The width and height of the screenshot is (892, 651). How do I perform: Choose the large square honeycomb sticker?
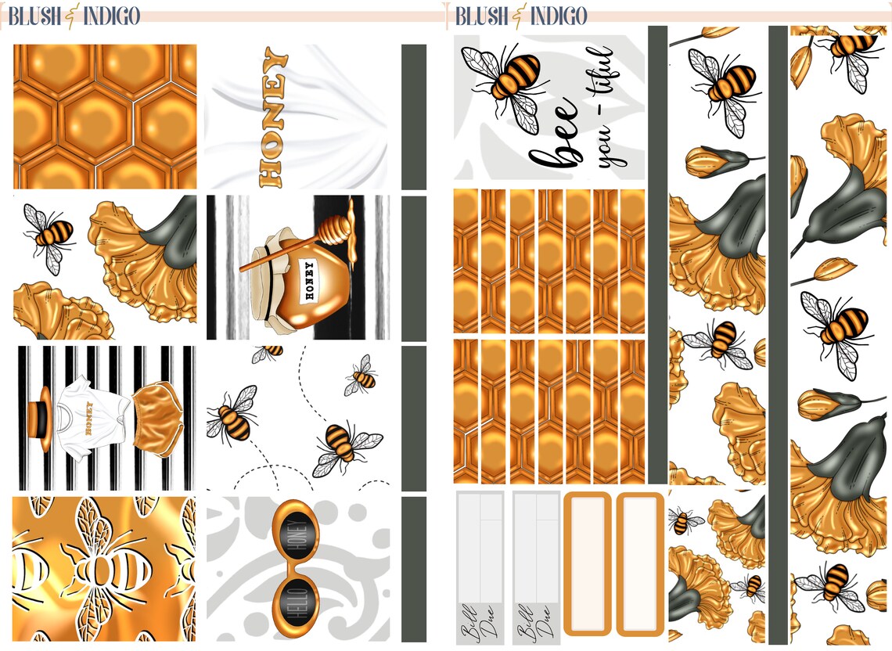click(x=105, y=116)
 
